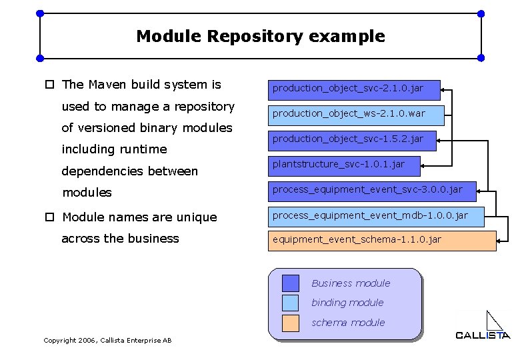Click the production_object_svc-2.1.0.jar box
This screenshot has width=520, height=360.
pyautogui.click(x=355, y=88)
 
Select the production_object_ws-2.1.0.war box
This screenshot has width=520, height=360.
pyautogui.click(x=355, y=114)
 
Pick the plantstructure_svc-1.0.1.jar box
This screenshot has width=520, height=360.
pyautogui.click(x=346, y=164)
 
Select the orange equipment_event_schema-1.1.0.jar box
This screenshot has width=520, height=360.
pyautogui.click(x=382, y=240)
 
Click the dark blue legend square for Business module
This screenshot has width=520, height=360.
pyautogui.click(x=291, y=283)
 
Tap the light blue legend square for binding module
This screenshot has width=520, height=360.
pyautogui.click(x=291, y=303)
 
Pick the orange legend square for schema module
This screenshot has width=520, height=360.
pyautogui.click(x=291, y=323)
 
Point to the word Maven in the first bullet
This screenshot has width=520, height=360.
pyautogui.click(x=108, y=85)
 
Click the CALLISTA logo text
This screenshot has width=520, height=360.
pyautogui.click(x=483, y=335)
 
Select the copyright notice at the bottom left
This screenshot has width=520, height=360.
pyautogui.click(x=107, y=341)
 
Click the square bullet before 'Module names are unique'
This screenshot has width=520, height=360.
pyautogui.click(x=49, y=217)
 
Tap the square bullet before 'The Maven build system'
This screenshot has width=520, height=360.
pyautogui.click(x=49, y=85)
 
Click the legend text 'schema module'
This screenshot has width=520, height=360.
pyautogui.click(x=348, y=323)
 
